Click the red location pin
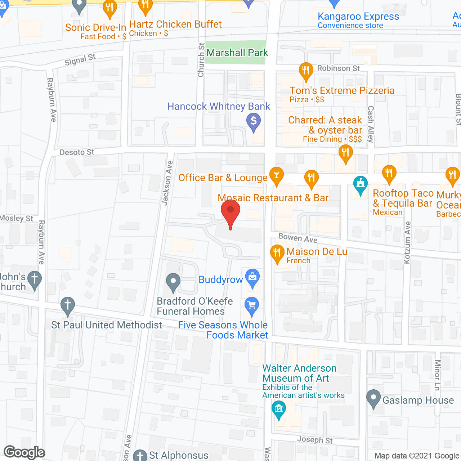[230, 211]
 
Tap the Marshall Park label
[237, 53]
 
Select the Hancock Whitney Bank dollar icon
[254, 121]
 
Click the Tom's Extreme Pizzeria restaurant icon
[306, 70]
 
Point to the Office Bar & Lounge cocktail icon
[276, 175]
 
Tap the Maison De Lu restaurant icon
[277, 253]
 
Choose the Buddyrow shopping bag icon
[252, 278]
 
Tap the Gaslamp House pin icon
[373, 398]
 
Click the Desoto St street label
[77, 152]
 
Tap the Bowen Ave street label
[298, 238]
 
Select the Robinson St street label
[338, 68]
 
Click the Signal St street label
[80, 60]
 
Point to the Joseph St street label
[315, 440]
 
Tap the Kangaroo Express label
[358, 17]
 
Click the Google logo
[24, 452]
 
